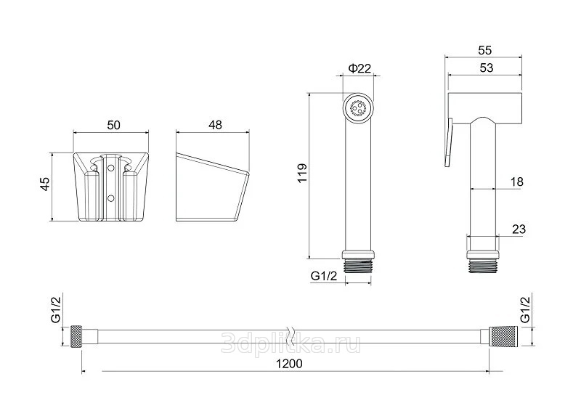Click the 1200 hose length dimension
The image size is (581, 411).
289,364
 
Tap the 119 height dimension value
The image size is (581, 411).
302,173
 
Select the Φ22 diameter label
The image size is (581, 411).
359,68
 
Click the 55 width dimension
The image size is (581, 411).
484,50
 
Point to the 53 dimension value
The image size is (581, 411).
486,68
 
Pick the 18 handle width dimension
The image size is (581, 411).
516,182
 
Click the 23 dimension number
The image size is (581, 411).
519,229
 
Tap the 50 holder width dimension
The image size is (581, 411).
114,125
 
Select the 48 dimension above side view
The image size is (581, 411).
215,125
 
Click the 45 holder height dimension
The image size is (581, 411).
45,184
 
